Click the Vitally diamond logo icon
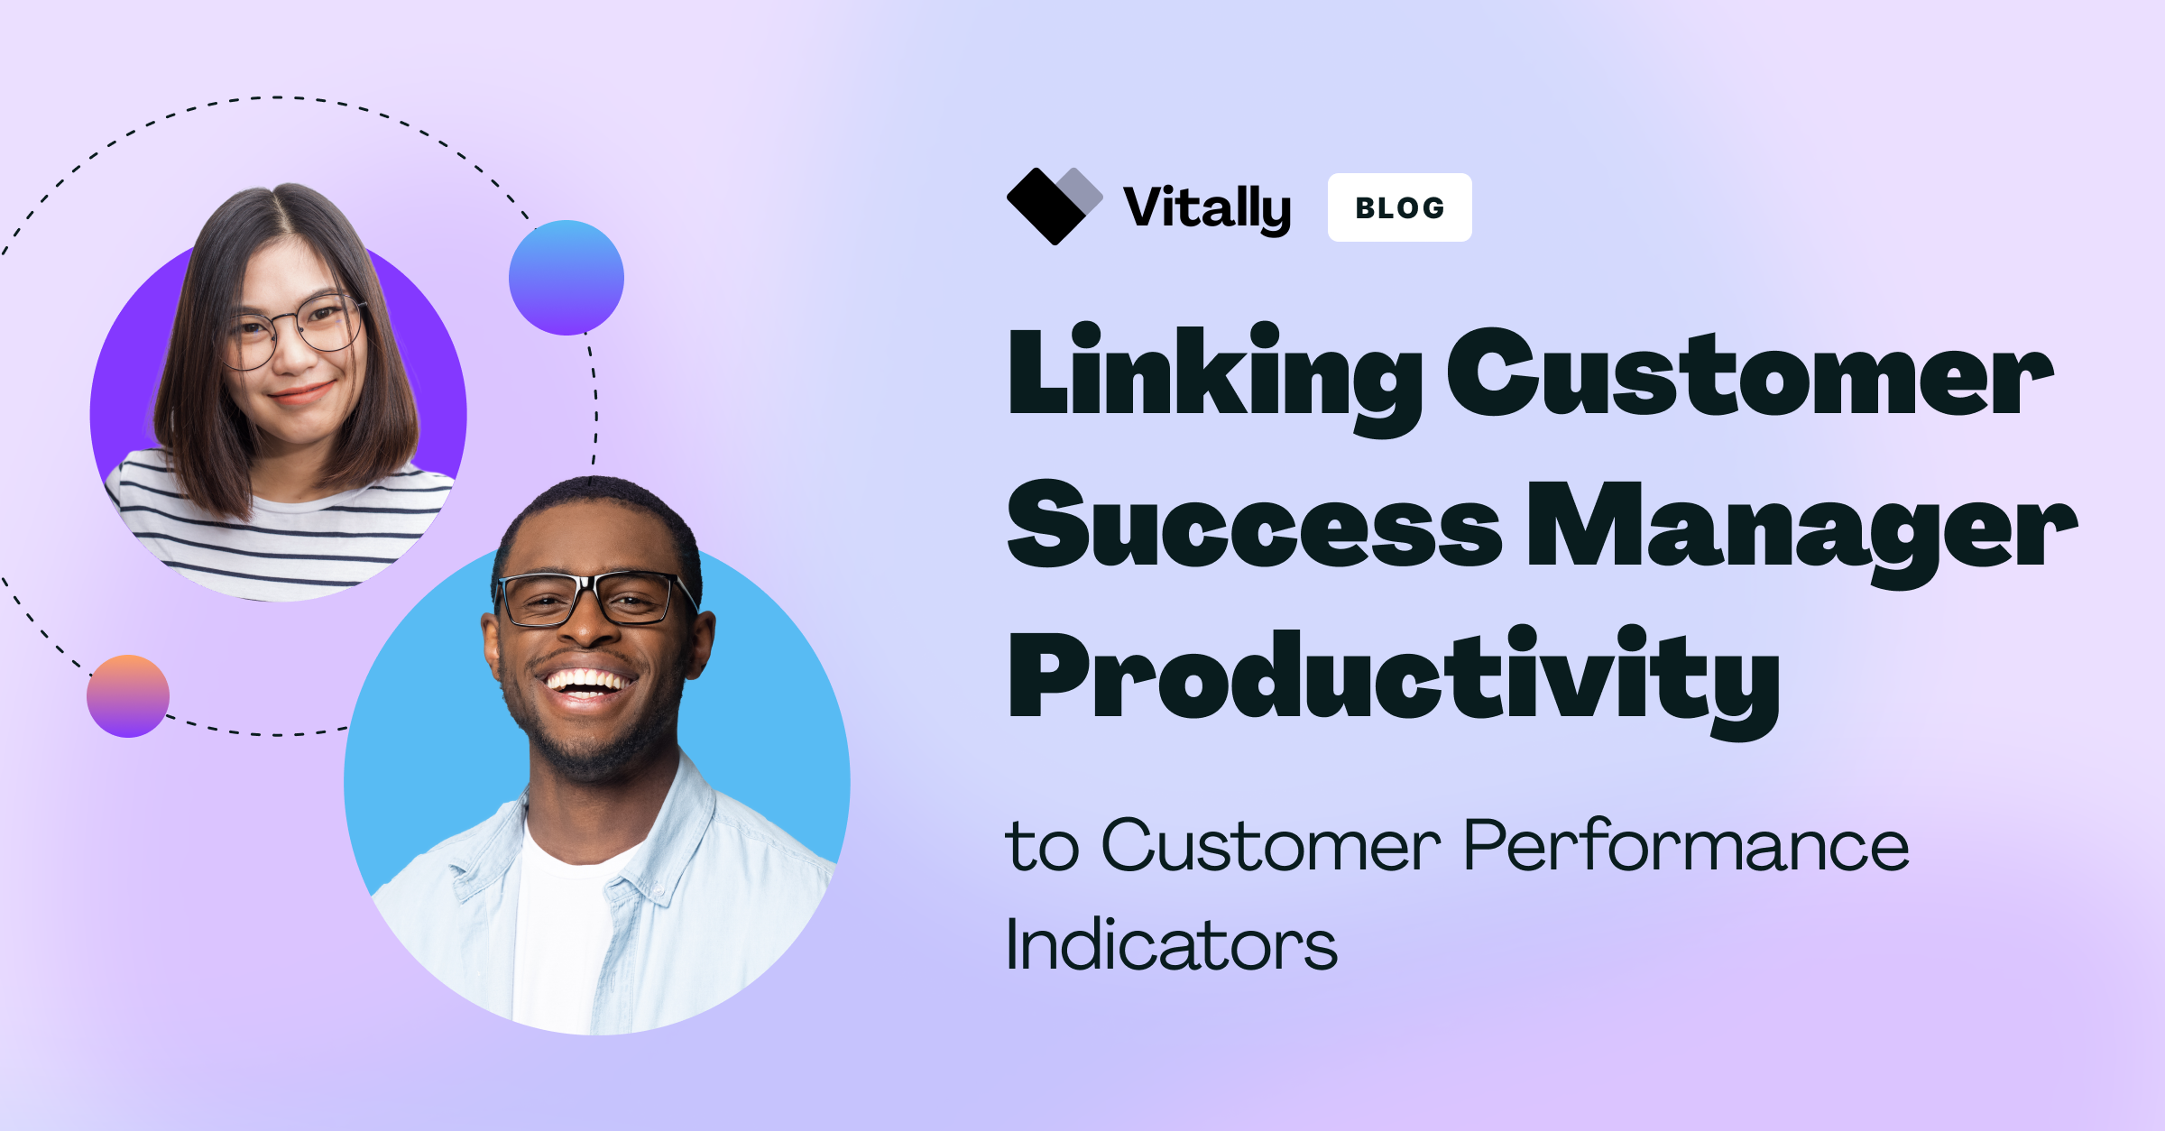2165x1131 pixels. pos(1054,206)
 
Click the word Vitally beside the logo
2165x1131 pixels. pos(1207,208)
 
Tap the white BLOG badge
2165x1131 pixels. pos(1399,207)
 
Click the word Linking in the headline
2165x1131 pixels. pos(1214,379)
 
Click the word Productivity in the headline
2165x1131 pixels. pos(1395,682)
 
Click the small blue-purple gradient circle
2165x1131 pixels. pos(567,278)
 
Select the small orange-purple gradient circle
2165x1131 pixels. pos(128,696)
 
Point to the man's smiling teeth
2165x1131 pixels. pos(587,682)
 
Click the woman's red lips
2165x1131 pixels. pos(301,394)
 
